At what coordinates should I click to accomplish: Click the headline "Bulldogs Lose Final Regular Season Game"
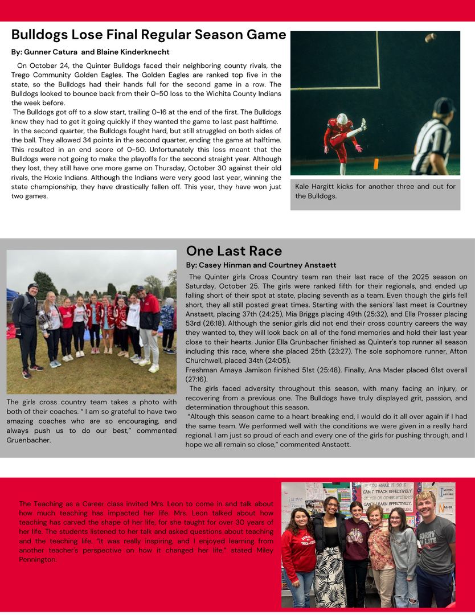tap(149, 35)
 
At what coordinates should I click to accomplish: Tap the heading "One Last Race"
tap(234, 251)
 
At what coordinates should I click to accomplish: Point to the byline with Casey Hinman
tap(261, 265)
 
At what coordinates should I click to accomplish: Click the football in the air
tap(431, 38)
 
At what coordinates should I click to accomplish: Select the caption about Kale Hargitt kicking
tap(375, 191)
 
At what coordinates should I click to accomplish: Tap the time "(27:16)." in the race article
tap(199, 379)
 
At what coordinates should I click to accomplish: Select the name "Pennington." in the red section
tap(38, 560)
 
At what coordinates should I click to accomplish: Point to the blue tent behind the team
tap(13, 296)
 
